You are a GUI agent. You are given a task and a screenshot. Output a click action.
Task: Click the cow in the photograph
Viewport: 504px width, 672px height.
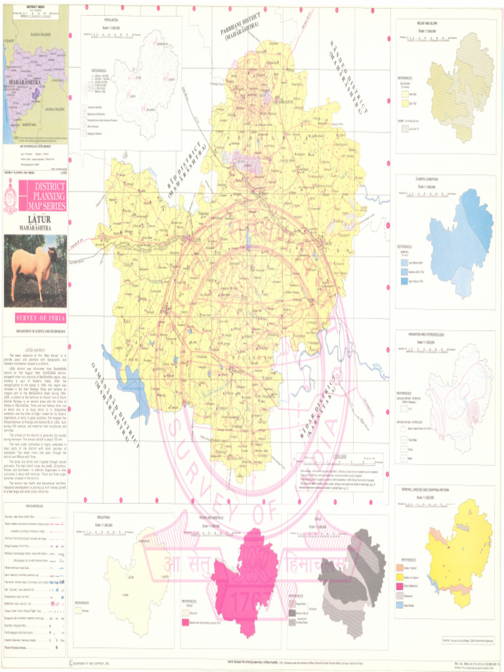point(33,269)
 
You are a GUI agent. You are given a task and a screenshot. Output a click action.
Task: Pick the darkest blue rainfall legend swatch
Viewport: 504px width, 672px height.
point(404,280)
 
